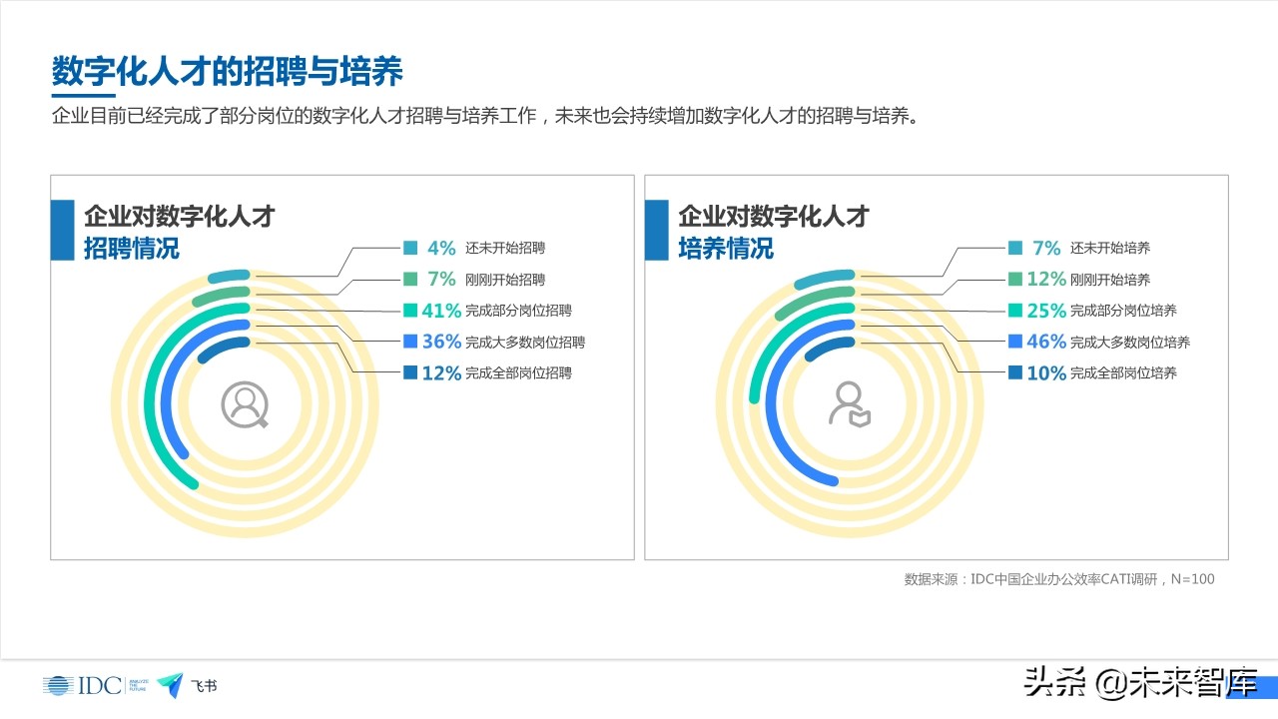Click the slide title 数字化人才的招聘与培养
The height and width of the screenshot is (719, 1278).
tap(228, 73)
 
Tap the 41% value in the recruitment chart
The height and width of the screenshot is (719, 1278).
tap(441, 311)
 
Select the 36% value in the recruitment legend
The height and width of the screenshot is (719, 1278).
tap(441, 342)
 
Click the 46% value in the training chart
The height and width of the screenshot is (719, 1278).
tap(1046, 342)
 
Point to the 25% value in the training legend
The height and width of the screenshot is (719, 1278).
tap(1046, 311)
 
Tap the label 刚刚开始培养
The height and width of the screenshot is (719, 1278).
tap(1109, 280)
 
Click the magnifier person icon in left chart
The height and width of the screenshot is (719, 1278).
tap(245, 404)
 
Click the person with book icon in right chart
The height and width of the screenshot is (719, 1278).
tap(849, 404)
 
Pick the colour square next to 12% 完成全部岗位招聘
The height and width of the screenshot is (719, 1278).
tap(410, 372)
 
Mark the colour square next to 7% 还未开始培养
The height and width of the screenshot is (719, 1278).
tap(1015, 248)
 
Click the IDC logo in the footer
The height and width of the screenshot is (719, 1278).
tap(81, 685)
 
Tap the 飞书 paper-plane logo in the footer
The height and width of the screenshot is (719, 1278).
tap(171, 684)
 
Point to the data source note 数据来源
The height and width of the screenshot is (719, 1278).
tap(1059, 579)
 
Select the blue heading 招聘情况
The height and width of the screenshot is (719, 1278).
tap(131, 248)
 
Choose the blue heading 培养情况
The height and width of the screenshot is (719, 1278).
tap(726, 248)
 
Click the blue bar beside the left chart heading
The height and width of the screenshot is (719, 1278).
tap(63, 230)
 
